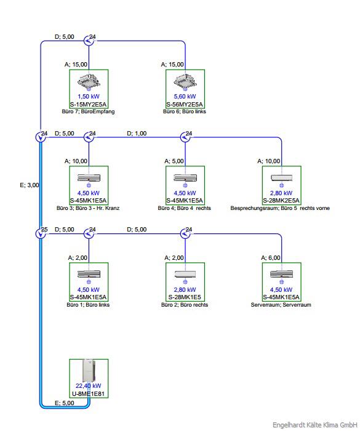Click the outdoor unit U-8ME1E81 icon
pyautogui.click(x=89, y=370)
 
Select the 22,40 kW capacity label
pyautogui.click(x=89, y=385)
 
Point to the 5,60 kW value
pyautogui.click(x=185, y=97)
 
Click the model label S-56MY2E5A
pyautogui.click(x=185, y=105)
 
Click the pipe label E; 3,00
pyautogui.click(x=30, y=185)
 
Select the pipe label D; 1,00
pyautogui.click(x=137, y=134)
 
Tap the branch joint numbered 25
pyautogui.click(x=41, y=233)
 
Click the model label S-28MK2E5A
pyautogui.click(x=281, y=201)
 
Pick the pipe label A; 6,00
pyautogui.click(x=271, y=257)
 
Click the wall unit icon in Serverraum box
pyautogui.click(x=281, y=274)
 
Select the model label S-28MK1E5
pyautogui.click(x=185, y=297)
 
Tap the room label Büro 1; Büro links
pyautogui.click(x=88, y=305)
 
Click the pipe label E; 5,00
pyautogui.click(x=64, y=403)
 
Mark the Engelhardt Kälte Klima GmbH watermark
pyautogui.click(x=315, y=425)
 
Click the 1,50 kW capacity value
pyautogui.click(x=89, y=97)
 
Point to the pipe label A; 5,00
pyautogui.click(x=174, y=161)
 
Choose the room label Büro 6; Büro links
pyautogui.click(x=185, y=111)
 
